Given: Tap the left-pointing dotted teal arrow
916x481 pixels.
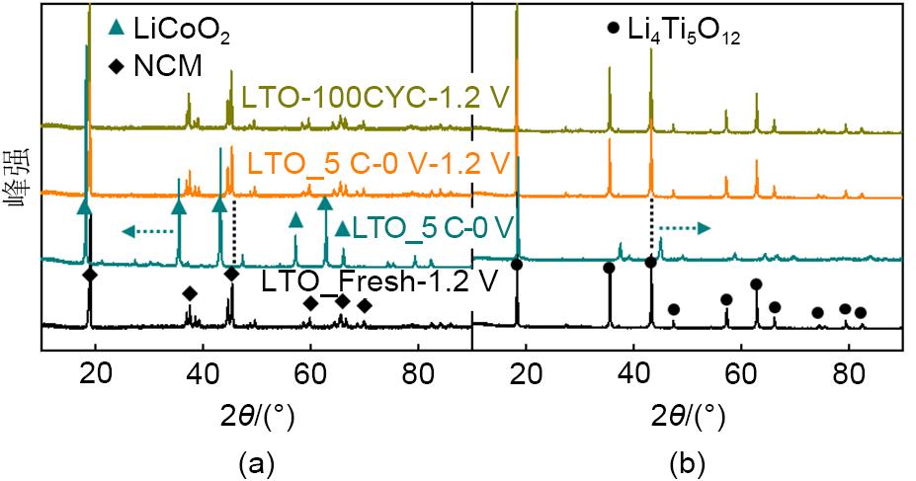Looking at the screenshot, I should click(142, 231).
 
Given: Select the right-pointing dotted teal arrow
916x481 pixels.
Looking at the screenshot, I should click(684, 229).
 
